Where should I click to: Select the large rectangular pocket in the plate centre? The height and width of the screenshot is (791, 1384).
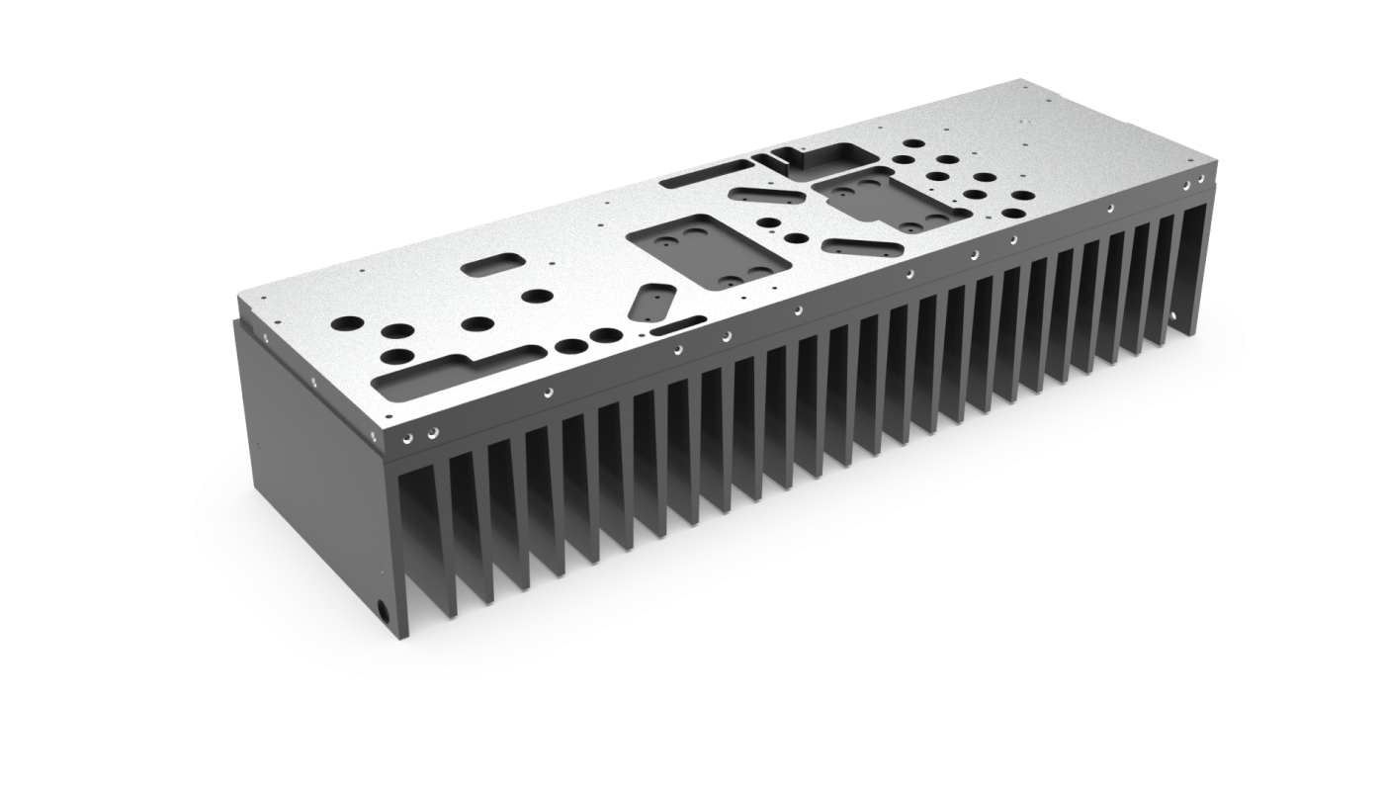(710, 251)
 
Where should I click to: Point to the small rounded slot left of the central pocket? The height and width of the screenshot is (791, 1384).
(492, 265)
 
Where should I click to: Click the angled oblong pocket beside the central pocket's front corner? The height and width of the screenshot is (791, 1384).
(651, 300)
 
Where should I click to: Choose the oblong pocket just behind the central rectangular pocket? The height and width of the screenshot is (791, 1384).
(766, 195)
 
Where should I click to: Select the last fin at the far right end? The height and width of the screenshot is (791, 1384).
(1194, 267)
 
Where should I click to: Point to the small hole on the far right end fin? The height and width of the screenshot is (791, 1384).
(1176, 315)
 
